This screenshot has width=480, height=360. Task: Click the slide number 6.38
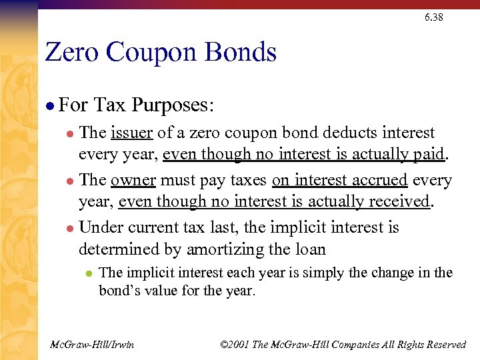(433, 17)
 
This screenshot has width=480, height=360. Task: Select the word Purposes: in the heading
(173, 105)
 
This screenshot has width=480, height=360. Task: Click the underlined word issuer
(132, 133)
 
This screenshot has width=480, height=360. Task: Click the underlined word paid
(427, 154)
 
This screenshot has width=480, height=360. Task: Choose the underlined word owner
(133, 181)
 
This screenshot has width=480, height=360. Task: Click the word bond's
(119, 291)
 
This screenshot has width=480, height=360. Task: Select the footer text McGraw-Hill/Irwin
(92, 344)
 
